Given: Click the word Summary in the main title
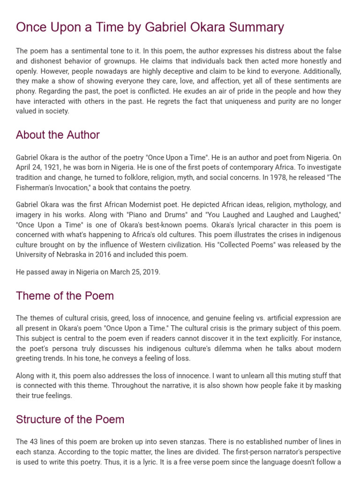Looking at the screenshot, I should (256, 27).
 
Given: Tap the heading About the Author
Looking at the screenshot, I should (58, 135).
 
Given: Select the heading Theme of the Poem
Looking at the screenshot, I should (65, 296).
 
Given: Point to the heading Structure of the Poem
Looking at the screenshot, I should (70, 420).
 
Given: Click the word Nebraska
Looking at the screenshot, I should (69, 255).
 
